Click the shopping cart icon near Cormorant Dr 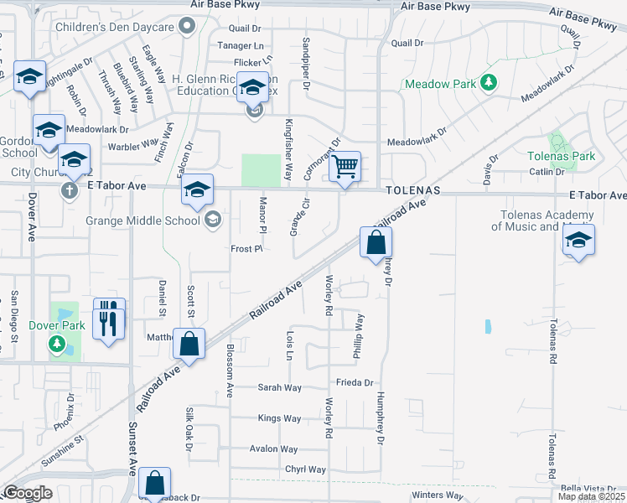click(345, 166)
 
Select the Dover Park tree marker click(56, 344)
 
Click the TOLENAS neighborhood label click(413, 191)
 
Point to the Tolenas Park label click(561, 156)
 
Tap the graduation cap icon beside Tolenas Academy click(578, 241)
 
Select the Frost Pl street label click(247, 249)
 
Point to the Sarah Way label click(280, 387)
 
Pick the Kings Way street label click(280, 418)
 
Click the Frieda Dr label click(354, 382)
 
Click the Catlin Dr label click(547, 172)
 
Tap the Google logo click(28, 493)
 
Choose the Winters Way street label click(438, 495)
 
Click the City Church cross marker click(70, 189)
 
